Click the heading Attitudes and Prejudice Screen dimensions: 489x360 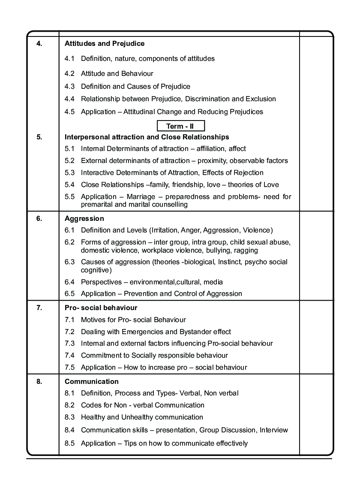point(105,43)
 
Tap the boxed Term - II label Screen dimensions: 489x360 point(180,126)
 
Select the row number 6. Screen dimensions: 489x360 point(39,218)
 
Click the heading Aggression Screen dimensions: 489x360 point(84,218)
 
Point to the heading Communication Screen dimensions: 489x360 point(92,381)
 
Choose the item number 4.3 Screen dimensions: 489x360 point(70,86)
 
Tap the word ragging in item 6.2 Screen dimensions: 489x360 point(246,250)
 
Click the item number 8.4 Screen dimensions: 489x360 point(70,430)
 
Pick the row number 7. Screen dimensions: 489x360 point(39,308)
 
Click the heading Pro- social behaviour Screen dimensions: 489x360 point(101,308)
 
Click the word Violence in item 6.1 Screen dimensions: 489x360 point(256,230)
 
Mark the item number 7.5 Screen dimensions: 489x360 point(70,367)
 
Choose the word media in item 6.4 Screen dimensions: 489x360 point(213,282)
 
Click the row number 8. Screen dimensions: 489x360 point(39,381)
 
